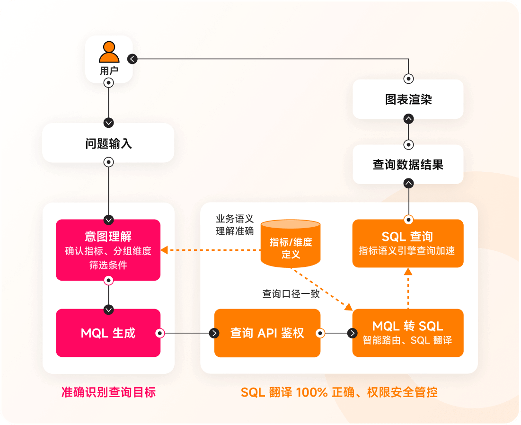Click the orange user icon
109,53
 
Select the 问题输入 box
108,143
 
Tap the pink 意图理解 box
108,250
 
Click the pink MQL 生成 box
108,333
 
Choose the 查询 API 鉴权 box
267,333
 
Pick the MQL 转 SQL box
407,333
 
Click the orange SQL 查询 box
407,243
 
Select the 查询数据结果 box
407,164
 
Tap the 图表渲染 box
407,99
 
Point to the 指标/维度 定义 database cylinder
291,243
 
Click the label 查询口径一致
291,294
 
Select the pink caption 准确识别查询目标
108,392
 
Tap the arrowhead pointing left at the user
132,59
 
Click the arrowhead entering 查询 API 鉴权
214,333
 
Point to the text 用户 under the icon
109,71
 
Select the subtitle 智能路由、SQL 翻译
407,340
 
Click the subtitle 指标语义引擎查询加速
407,251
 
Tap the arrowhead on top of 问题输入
109,123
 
